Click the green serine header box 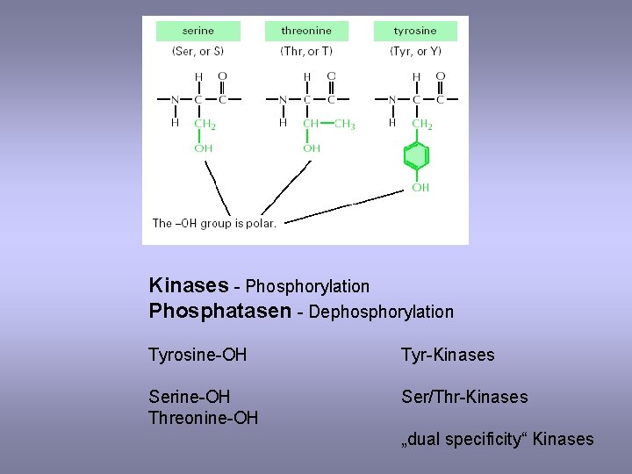[197, 31]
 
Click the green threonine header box [305, 31]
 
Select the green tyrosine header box [415, 31]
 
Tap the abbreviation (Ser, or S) [197, 52]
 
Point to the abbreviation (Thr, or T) [305, 52]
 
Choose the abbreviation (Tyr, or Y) [415, 52]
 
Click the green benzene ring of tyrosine [416, 157]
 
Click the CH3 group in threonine [345, 125]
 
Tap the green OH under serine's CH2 [203, 148]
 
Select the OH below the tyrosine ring [420, 187]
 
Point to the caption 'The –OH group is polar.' [214, 223]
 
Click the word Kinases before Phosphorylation [189, 285]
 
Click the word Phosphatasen [219, 312]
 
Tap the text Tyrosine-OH [197, 355]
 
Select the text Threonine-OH [204, 418]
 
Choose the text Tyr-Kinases [448, 355]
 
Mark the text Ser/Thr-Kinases [464, 397]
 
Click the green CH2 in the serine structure [205, 125]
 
